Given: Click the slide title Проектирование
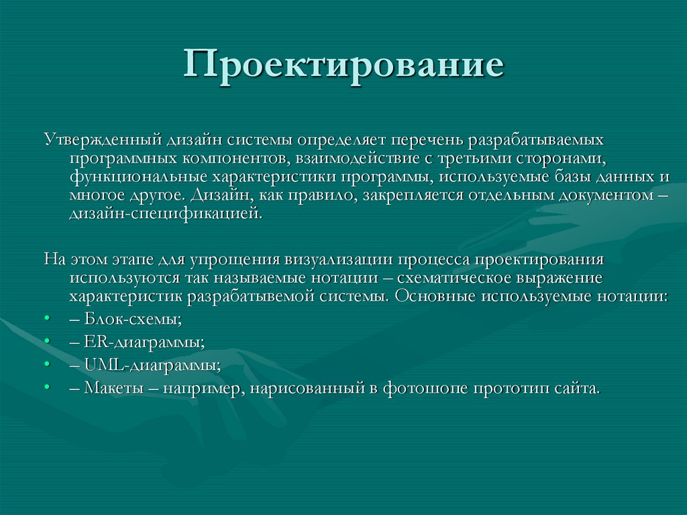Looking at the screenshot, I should point(343,68).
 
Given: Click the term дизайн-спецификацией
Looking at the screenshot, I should point(163,214).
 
